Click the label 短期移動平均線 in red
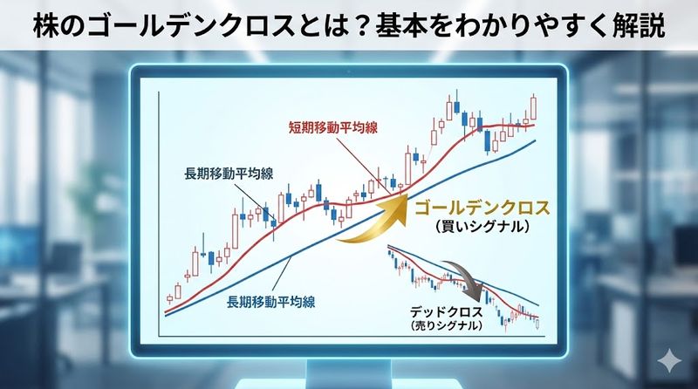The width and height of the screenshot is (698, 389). click(332, 126)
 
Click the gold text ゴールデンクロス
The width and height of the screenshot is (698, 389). click(483, 209)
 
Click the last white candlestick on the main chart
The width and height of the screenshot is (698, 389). click(534, 107)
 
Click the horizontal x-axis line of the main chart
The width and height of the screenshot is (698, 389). click(349, 336)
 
